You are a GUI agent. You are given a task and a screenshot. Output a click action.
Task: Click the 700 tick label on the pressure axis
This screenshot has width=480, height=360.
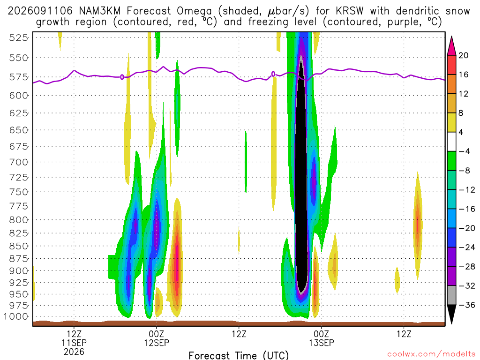point(19,162)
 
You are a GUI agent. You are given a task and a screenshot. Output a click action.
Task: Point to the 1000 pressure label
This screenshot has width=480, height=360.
point(16,316)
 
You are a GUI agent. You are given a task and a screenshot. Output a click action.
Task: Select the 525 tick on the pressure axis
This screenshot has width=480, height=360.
point(19,38)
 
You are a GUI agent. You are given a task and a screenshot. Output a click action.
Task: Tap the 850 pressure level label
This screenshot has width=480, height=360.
point(19,246)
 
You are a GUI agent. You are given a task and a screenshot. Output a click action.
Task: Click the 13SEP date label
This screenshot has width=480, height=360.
point(321,343)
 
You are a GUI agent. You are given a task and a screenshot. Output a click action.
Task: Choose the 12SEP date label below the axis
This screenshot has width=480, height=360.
point(157,343)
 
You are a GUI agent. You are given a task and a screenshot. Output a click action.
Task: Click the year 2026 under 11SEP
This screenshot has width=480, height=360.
point(74,352)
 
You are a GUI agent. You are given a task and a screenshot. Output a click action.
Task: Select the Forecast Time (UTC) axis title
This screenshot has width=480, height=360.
point(239,355)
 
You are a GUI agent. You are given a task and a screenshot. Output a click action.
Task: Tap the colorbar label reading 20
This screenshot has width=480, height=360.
point(463,55)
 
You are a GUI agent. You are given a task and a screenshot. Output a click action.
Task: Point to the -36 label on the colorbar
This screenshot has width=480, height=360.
point(466,305)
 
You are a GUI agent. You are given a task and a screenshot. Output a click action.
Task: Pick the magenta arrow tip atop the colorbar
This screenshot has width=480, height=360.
point(451,37)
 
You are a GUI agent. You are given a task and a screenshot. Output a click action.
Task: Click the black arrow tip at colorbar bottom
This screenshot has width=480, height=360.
point(451,323)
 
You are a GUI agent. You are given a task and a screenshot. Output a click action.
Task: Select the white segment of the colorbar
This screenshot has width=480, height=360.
point(451,142)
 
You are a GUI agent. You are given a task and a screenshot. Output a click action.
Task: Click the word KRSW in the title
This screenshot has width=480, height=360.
point(350,11)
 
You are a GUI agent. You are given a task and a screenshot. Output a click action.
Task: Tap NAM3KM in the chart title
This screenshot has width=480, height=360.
point(99,11)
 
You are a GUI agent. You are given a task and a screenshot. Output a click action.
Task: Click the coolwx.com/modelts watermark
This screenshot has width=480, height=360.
point(431,354)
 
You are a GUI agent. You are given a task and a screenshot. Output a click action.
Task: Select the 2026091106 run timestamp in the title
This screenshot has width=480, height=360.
point(40,11)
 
